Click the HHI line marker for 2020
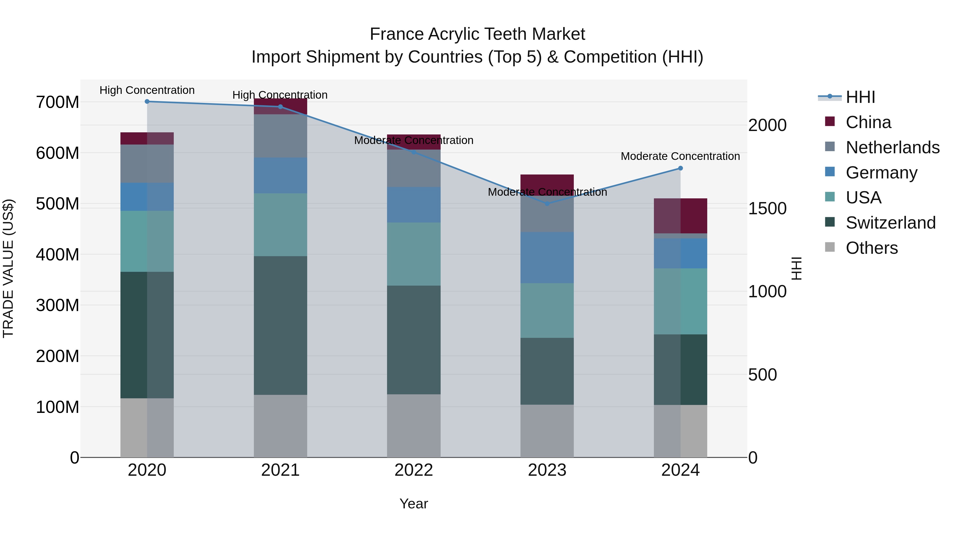coord(147,102)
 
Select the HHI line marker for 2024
coord(680,168)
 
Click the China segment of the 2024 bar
coord(680,216)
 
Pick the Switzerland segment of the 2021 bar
coord(280,325)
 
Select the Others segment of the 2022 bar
coord(414,426)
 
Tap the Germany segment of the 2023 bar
coord(547,258)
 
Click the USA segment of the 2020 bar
coord(147,241)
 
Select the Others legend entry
coord(871,248)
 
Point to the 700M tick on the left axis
coord(58,102)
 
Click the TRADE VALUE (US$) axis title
coord(8,268)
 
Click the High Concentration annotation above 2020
coord(147,90)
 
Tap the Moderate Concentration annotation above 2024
coord(680,156)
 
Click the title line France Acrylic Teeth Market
coord(477,34)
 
